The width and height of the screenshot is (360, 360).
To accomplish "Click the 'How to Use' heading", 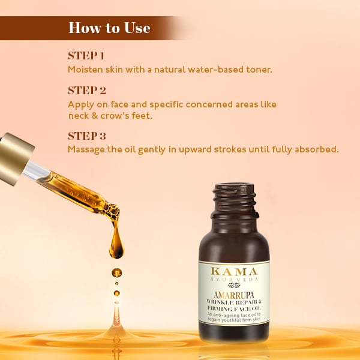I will pos(109,28).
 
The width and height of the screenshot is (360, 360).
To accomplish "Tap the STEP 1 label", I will pos(86,56).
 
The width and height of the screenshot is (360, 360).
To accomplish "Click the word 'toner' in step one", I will pos(259,70).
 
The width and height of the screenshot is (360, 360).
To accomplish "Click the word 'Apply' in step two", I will pos(79,104).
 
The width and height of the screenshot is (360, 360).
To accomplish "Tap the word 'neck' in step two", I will pos(78,115).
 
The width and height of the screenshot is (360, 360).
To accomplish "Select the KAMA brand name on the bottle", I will pos(234,272).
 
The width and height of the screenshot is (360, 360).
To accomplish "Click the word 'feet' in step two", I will pos(141,115).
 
